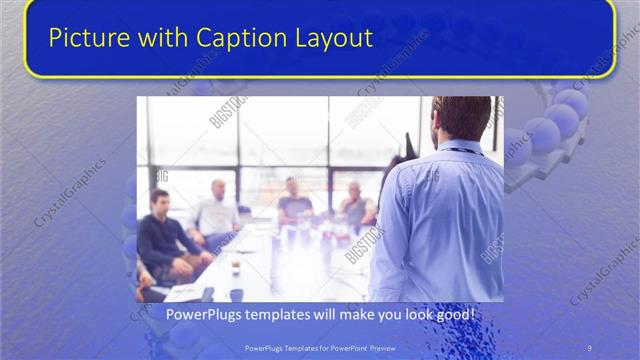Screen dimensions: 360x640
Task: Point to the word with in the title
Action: (x=158, y=39)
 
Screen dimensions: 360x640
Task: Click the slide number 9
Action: (x=589, y=346)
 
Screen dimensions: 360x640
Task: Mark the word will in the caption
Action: (x=321, y=315)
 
